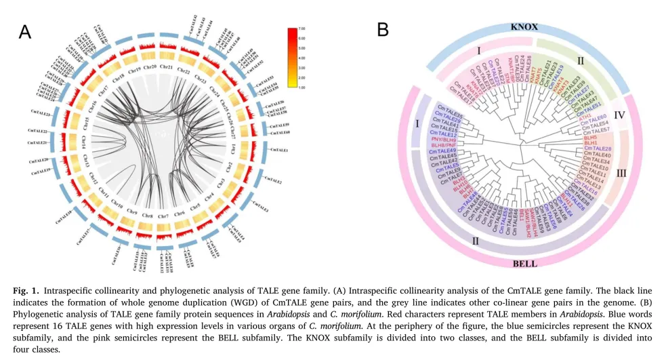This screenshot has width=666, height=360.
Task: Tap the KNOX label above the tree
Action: tap(524, 26)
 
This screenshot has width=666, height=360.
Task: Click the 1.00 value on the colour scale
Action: tap(305, 87)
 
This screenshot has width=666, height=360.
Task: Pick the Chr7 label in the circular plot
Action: tap(163, 216)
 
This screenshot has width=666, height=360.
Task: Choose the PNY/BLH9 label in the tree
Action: tap(444, 140)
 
